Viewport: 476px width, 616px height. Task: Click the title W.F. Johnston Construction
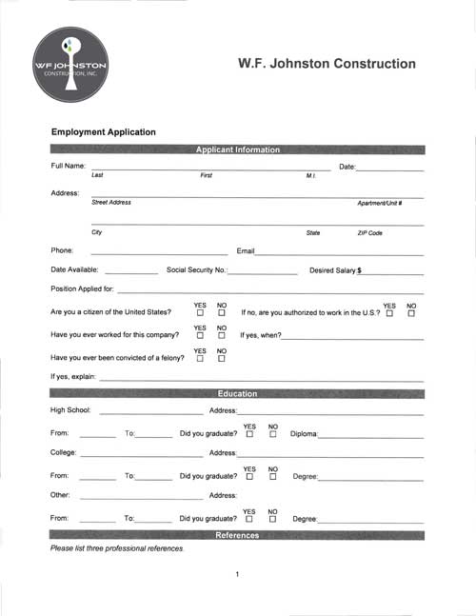point(326,64)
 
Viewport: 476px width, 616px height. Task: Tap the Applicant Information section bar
point(237,149)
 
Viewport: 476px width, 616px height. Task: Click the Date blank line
point(389,169)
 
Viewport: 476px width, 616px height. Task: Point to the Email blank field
point(339,253)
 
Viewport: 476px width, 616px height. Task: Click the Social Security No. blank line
point(263,272)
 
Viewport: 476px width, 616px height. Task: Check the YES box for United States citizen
point(200,313)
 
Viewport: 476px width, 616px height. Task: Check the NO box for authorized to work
point(411,313)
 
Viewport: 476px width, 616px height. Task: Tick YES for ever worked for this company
point(200,336)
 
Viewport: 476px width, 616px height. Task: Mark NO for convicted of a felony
point(222,359)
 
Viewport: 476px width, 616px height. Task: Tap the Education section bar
point(237,392)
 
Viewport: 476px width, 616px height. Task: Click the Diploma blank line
point(371,436)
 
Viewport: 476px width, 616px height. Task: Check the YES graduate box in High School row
point(249,435)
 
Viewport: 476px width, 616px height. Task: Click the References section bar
point(237,536)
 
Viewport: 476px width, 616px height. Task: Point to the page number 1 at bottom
point(237,574)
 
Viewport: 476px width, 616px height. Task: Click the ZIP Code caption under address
point(369,233)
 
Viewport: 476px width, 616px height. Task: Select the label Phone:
point(62,250)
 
